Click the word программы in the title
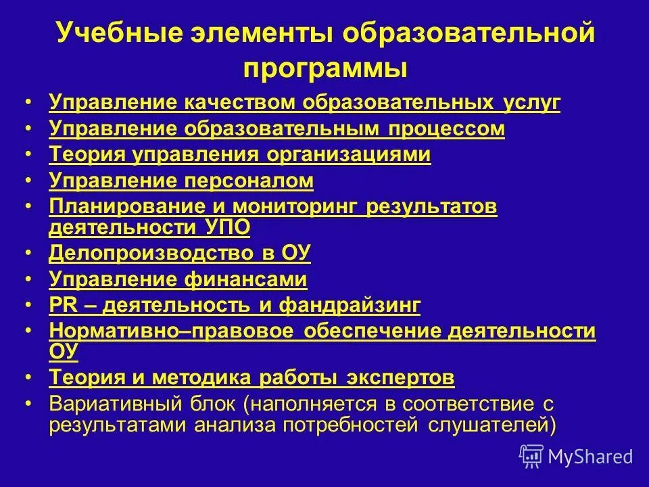tap(324, 68)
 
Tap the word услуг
tap(531, 103)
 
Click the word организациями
tap(349, 154)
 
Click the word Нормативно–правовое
tap(172, 330)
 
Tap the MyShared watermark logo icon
tap(531, 455)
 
